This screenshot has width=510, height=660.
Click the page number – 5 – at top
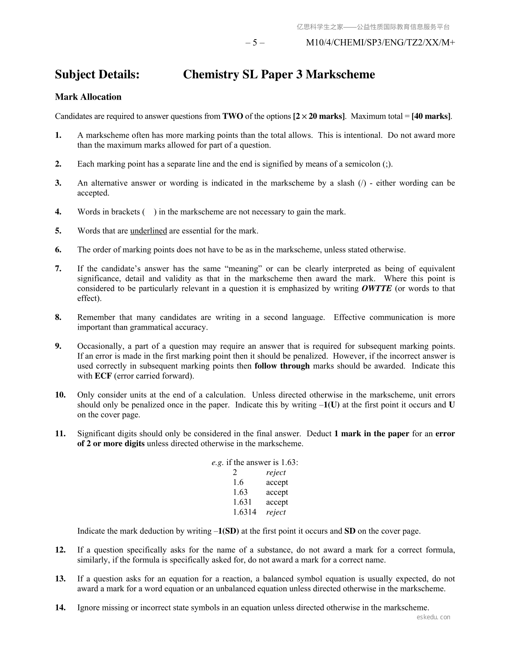click(x=255, y=42)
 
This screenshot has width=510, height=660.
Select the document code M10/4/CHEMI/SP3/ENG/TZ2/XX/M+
click(x=380, y=42)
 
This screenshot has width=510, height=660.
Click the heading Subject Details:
click(x=97, y=75)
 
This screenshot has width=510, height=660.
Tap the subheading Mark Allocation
click(x=88, y=97)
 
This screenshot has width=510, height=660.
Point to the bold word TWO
click(x=232, y=116)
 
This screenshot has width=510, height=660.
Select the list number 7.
click(x=58, y=269)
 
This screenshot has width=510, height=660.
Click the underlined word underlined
click(x=148, y=231)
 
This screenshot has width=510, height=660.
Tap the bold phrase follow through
click(x=282, y=366)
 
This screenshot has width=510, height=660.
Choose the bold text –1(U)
click(x=328, y=405)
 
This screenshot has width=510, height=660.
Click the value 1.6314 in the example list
click(x=245, y=512)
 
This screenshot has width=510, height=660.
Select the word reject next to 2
click(x=276, y=472)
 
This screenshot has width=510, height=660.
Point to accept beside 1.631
click(x=277, y=502)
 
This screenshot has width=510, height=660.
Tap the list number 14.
click(x=60, y=607)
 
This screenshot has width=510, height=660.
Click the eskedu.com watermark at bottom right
click(x=433, y=617)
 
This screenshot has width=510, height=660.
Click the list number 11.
click(x=60, y=434)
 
